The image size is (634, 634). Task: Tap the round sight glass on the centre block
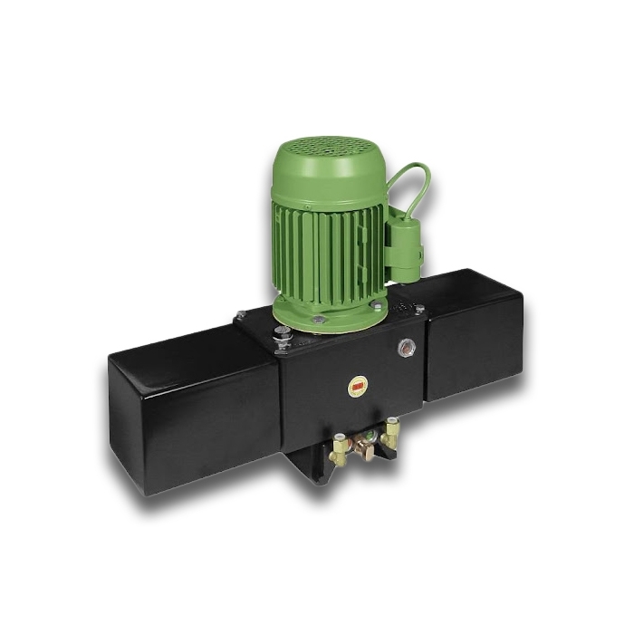pos(407,346)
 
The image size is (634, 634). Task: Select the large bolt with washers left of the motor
pos(283,336)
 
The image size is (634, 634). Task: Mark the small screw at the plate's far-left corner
pos(240,315)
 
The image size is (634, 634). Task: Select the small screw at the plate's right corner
pos(418,310)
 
